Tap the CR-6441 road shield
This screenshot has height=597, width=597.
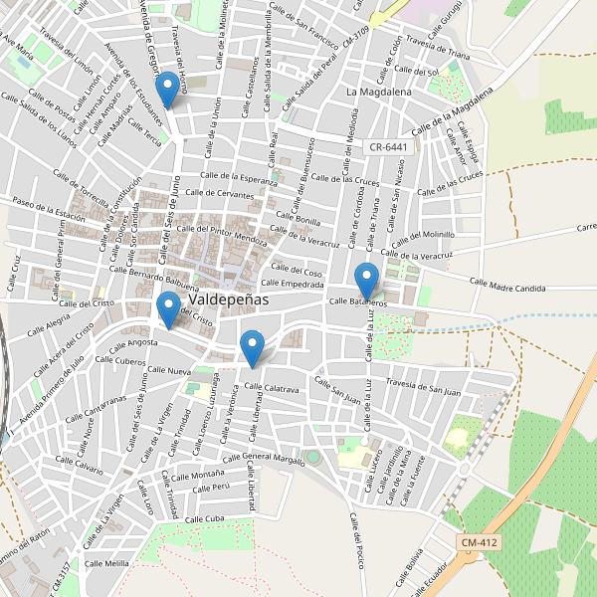click(388, 146)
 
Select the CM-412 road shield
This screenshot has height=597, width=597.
click(481, 542)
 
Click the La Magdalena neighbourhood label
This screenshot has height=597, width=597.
click(379, 92)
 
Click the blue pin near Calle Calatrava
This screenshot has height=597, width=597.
click(253, 348)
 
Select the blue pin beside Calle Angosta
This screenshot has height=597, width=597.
click(167, 310)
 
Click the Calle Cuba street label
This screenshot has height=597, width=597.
click(203, 519)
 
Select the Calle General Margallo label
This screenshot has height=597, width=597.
click(263, 458)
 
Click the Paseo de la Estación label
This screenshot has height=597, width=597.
click(50, 210)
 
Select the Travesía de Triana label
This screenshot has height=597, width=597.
click(438, 47)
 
